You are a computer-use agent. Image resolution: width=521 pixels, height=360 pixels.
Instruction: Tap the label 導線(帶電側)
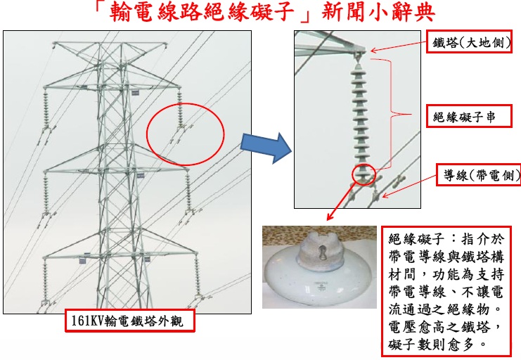coord(474,174)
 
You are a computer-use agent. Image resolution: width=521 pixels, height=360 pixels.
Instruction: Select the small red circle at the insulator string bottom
coord(364,174)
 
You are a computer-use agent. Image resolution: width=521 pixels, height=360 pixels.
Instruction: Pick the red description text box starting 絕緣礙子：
coord(445,290)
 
